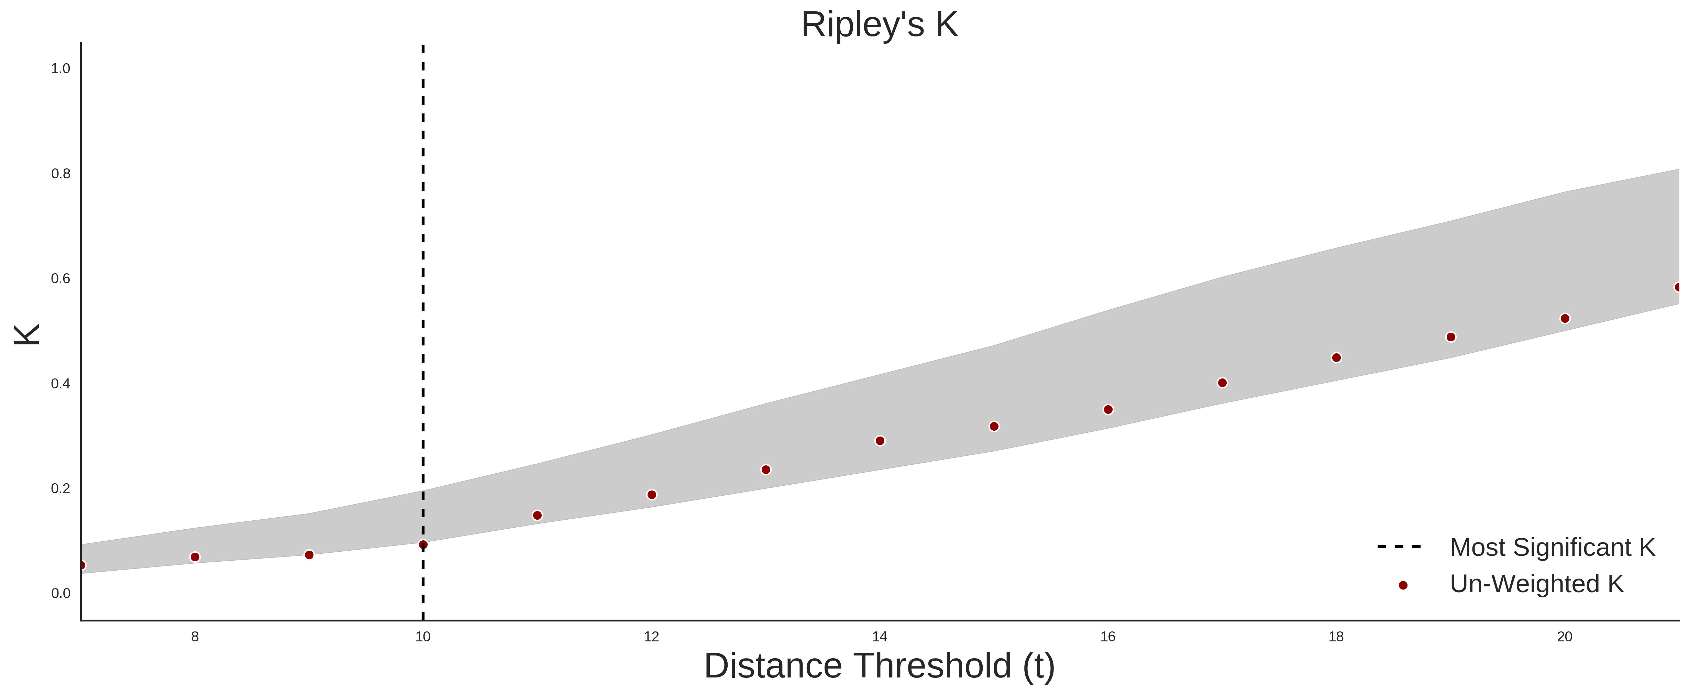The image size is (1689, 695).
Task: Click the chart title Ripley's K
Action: click(879, 25)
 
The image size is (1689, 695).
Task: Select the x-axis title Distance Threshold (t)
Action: click(879, 666)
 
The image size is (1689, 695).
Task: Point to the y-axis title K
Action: click(27, 334)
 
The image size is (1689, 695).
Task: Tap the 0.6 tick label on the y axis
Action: click(60, 279)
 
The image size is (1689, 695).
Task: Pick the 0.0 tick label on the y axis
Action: click(60, 593)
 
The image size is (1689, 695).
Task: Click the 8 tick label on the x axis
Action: click(195, 637)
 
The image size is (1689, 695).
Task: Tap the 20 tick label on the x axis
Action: click(1565, 637)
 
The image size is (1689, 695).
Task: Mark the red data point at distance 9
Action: click(309, 555)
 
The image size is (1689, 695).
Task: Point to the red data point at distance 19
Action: click(1450, 337)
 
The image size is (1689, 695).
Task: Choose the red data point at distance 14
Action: click(880, 441)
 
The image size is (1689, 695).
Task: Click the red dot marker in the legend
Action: click(1402, 585)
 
